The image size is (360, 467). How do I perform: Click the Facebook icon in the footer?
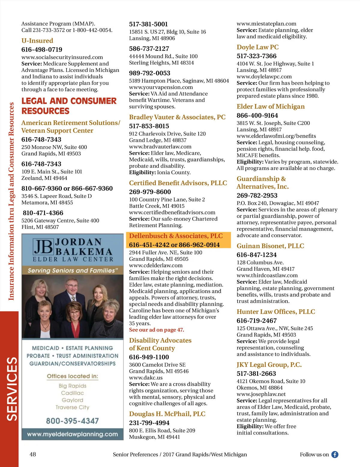click(335, 454)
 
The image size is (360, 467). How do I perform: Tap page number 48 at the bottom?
click(33, 454)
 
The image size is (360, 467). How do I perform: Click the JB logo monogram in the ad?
click(43, 247)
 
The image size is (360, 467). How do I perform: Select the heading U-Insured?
click(37, 41)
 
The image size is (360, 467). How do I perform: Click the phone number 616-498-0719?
click(42, 49)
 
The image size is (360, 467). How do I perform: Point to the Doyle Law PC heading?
click(257, 47)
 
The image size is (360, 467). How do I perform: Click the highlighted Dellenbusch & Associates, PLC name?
click(176, 236)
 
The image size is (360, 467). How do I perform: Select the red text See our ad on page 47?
click(156, 330)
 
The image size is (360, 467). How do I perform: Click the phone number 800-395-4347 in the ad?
click(72, 421)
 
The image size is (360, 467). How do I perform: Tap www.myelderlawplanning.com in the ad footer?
click(72, 434)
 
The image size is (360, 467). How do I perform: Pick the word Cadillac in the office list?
click(72, 393)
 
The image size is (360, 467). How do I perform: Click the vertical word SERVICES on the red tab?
click(12, 389)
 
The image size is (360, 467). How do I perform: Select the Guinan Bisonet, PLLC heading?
click(270, 246)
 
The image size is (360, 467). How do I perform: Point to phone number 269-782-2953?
click(257, 195)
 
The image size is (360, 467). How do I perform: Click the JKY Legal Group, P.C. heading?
click(269, 365)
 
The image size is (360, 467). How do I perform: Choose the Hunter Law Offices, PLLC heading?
click(276, 312)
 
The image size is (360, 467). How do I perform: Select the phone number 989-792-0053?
click(149, 73)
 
